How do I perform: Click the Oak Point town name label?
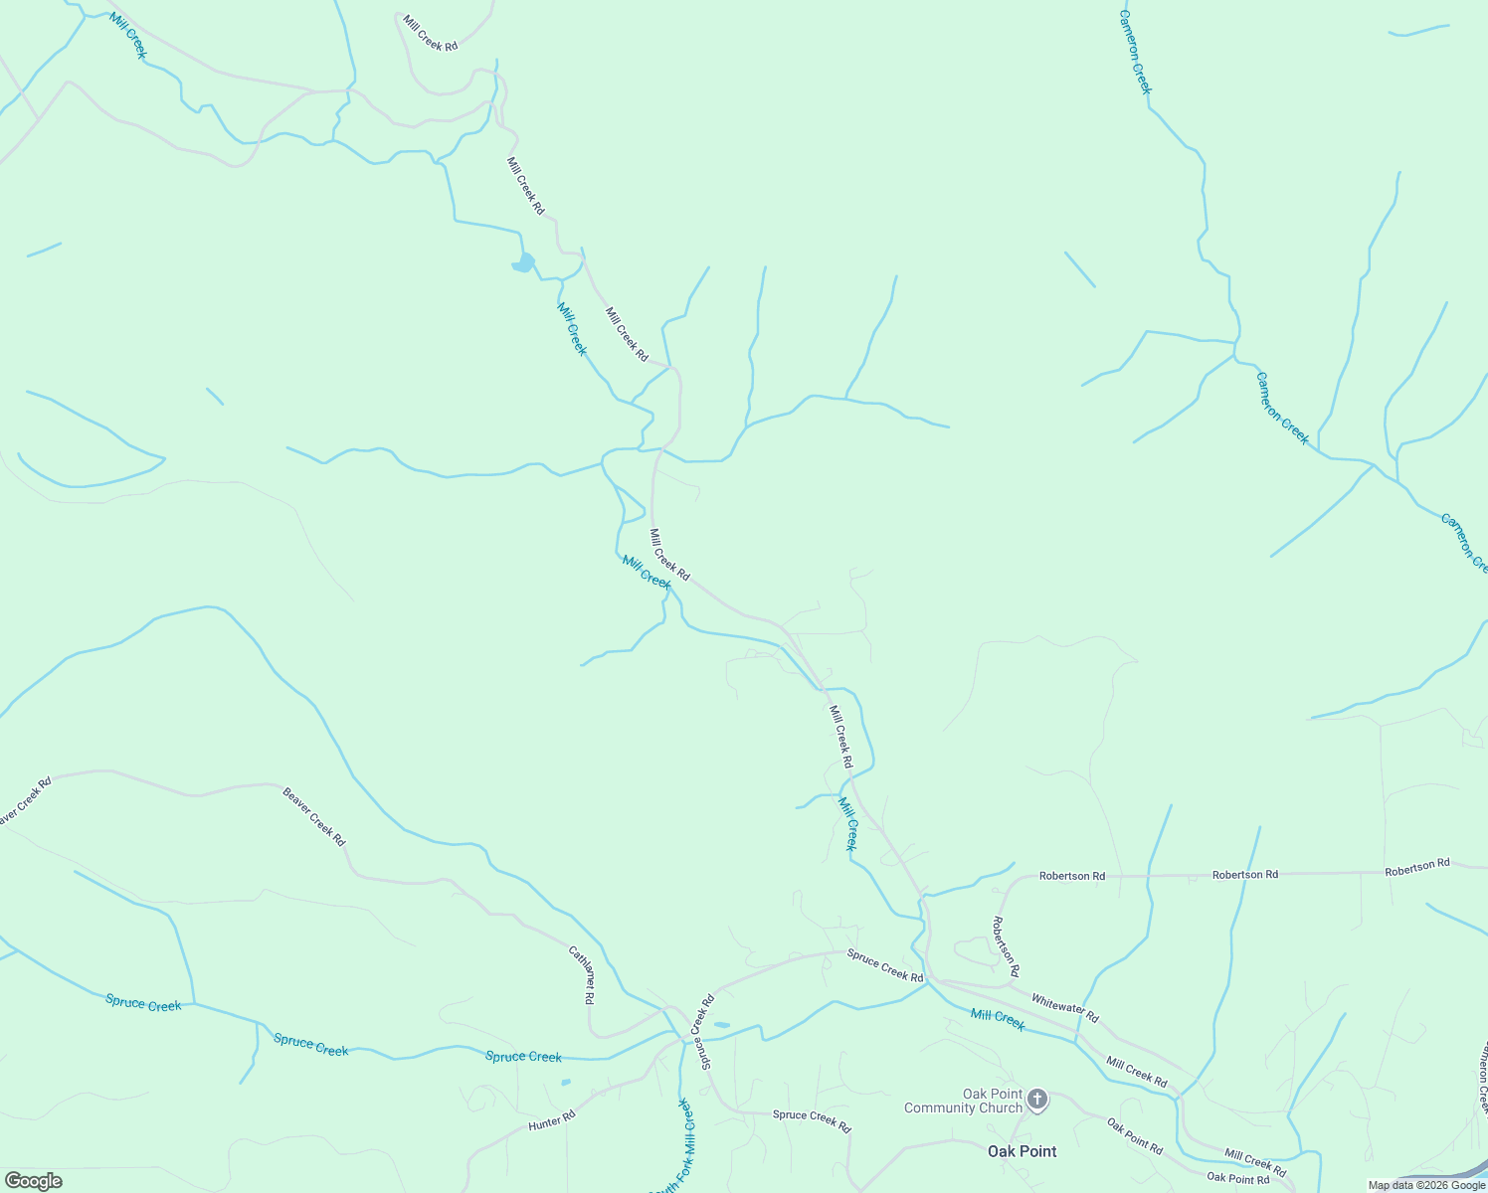click(x=1022, y=1151)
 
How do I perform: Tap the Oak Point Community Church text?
click(x=963, y=1101)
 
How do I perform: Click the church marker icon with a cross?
click(x=1037, y=1100)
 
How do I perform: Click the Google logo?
click(x=33, y=1181)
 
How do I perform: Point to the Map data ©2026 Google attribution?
click(x=1426, y=1185)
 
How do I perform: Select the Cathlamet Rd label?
click(x=582, y=974)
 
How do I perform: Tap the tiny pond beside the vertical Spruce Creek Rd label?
click(x=722, y=1025)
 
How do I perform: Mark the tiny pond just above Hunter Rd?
click(x=566, y=1082)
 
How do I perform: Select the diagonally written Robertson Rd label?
click(x=1005, y=945)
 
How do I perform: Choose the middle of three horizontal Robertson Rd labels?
click(x=1244, y=875)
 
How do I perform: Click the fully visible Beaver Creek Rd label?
click(x=314, y=817)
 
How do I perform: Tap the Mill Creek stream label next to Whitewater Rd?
click(x=997, y=1020)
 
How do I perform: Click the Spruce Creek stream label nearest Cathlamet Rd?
click(x=523, y=1057)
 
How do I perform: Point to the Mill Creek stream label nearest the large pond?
click(x=572, y=329)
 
